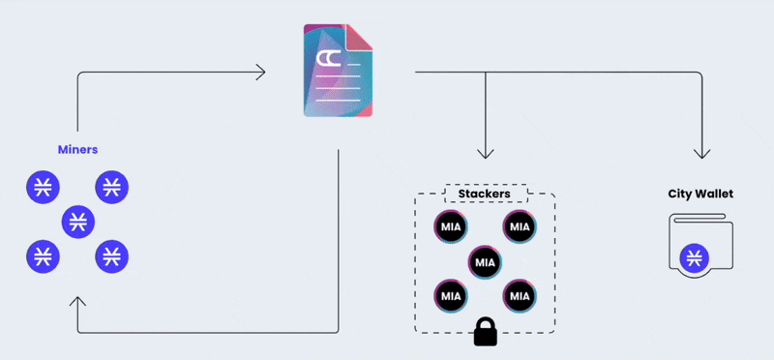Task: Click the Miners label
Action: (x=78, y=150)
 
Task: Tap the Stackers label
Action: (x=485, y=194)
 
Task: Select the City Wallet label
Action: (x=700, y=194)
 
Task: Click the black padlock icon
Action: (x=486, y=331)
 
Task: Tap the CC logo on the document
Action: (x=326, y=59)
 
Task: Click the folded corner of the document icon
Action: (x=359, y=37)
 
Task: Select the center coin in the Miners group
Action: (x=78, y=223)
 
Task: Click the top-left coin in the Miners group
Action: (x=43, y=187)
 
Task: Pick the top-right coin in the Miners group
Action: (x=112, y=187)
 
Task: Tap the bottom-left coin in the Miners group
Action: (x=43, y=256)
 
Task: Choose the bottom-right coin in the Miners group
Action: (x=112, y=256)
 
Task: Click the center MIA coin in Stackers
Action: (x=486, y=262)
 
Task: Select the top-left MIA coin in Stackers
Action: (x=451, y=227)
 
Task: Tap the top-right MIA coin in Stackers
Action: (x=520, y=227)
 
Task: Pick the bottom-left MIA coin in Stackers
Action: (x=451, y=296)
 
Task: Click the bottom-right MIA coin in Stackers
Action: (x=520, y=296)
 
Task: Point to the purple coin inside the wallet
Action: (x=694, y=258)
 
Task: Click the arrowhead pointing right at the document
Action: (x=260, y=73)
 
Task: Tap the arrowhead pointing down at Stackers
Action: (x=486, y=153)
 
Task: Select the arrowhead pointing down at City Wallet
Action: (x=702, y=153)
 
